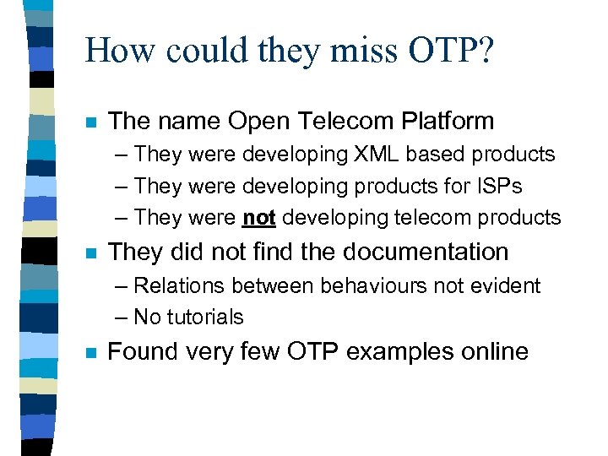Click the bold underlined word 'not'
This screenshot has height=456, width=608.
[x=259, y=218]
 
